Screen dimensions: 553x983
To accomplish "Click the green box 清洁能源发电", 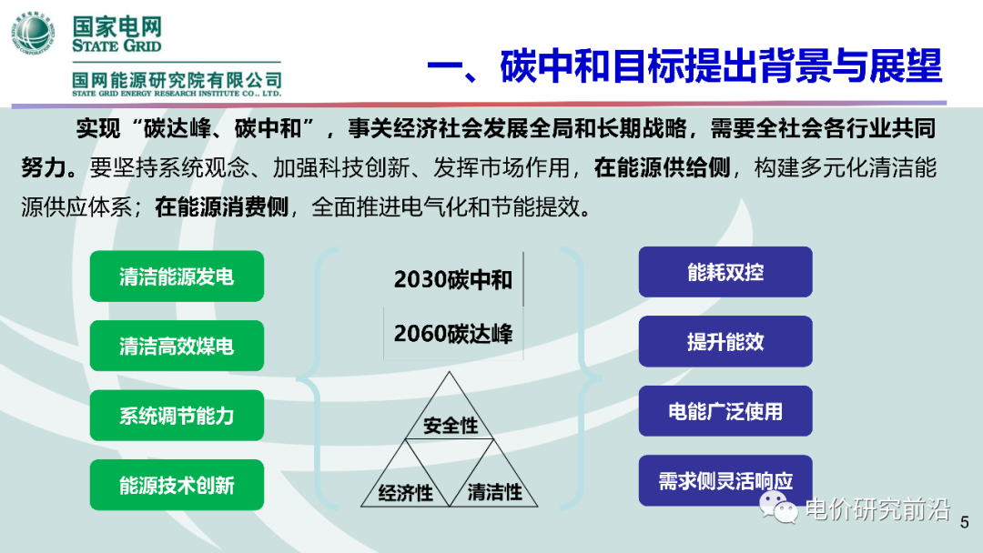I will (x=177, y=276).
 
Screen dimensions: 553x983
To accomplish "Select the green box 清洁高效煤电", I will (x=177, y=346).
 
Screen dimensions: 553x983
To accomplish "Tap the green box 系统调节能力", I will (x=177, y=416).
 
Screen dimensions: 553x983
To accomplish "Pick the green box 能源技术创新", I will (x=177, y=485).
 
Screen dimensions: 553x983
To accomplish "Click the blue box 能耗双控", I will (x=725, y=272).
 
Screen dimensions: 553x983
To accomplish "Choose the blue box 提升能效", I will (x=725, y=341).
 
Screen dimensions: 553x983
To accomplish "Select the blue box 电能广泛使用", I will (x=725, y=411).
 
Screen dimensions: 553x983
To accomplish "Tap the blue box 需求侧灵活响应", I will (x=725, y=480).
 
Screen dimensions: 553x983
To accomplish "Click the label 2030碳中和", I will (x=452, y=280).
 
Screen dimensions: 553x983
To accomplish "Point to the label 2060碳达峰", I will (x=452, y=334).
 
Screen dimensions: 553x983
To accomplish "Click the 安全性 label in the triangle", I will (x=450, y=425).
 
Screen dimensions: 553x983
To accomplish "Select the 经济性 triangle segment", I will (x=405, y=492).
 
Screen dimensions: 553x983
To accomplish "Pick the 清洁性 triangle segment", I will (x=494, y=491).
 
